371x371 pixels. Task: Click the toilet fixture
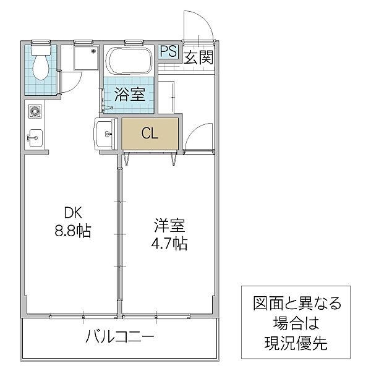(x=41, y=63)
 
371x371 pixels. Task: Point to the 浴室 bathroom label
(x=129, y=95)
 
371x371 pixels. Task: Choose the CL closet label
(x=149, y=132)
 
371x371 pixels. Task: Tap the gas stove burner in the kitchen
(x=35, y=113)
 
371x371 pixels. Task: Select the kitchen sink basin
(x=35, y=136)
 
